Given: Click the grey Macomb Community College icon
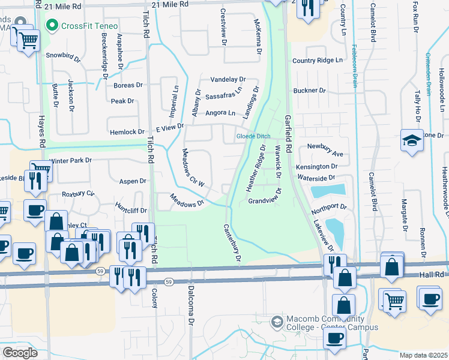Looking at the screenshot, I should [277, 322].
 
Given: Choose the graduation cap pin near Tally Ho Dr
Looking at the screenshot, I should [412, 141].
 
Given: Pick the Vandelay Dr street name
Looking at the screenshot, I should [228, 79].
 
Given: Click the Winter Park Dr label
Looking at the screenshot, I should [70, 161].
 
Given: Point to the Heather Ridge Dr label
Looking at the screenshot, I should [256, 169].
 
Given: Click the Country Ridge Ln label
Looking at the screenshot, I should [317, 61].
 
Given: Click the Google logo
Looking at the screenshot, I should [20, 353].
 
